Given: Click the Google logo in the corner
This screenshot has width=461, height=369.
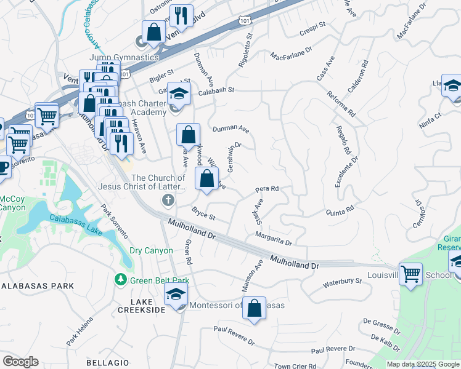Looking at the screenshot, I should click(x=20, y=362).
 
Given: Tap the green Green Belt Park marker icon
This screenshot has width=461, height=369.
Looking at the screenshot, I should click(x=121, y=280).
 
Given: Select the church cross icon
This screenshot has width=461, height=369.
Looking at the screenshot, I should click(x=166, y=199).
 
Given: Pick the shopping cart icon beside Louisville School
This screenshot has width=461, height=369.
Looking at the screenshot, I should click(x=410, y=273).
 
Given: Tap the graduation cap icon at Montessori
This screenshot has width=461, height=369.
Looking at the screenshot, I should click(x=176, y=296).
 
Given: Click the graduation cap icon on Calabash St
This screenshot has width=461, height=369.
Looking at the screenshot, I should click(x=179, y=93).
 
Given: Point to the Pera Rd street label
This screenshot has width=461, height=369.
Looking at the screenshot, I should click(x=267, y=189).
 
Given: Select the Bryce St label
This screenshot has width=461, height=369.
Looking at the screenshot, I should click(x=203, y=216).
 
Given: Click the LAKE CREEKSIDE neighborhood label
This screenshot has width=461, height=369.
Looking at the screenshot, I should click(x=148, y=306).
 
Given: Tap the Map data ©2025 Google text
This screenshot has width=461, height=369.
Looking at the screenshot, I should click(x=423, y=364).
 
